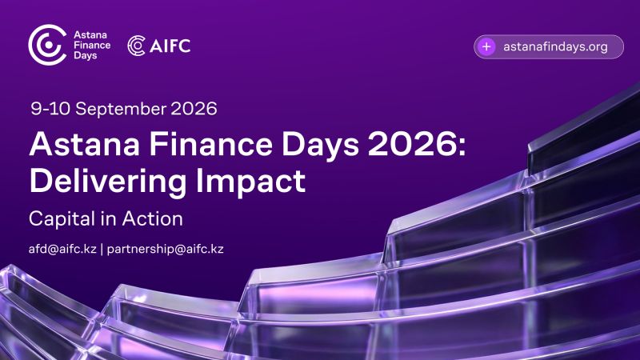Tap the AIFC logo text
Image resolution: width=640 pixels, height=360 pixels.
click(170, 46)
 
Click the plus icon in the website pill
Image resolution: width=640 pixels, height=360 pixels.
click(486, 46)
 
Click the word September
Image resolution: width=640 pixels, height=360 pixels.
click(114, 108)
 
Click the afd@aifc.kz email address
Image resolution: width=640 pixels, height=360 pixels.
click(62, 249)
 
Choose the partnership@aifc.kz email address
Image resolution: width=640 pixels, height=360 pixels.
click(165, 249)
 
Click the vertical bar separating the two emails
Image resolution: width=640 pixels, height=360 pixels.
click(102, 249)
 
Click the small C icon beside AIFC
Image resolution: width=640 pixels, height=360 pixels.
click(136, 46)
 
